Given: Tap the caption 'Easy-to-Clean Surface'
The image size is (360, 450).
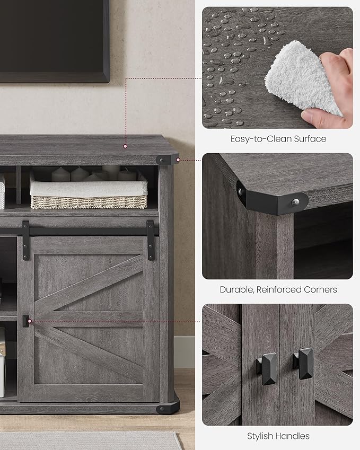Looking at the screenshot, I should coord(278,139).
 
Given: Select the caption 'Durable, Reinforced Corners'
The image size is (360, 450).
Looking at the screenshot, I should coord(278,289).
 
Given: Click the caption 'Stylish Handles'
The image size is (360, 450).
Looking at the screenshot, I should coord(278,436).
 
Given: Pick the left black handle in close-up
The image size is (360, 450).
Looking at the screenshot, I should coord(266,368).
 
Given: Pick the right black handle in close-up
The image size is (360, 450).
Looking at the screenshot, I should coord(304,364).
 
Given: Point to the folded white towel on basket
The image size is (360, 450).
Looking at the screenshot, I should coord(88,187).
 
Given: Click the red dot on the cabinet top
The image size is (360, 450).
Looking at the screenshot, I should coord(125,145).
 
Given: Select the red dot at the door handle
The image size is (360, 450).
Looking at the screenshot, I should coord(30,321).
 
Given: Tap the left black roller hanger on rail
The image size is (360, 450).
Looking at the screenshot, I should coord(25,240).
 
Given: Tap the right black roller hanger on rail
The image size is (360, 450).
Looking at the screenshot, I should coord(151,240).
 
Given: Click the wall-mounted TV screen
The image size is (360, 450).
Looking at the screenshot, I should coord(53,37).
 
